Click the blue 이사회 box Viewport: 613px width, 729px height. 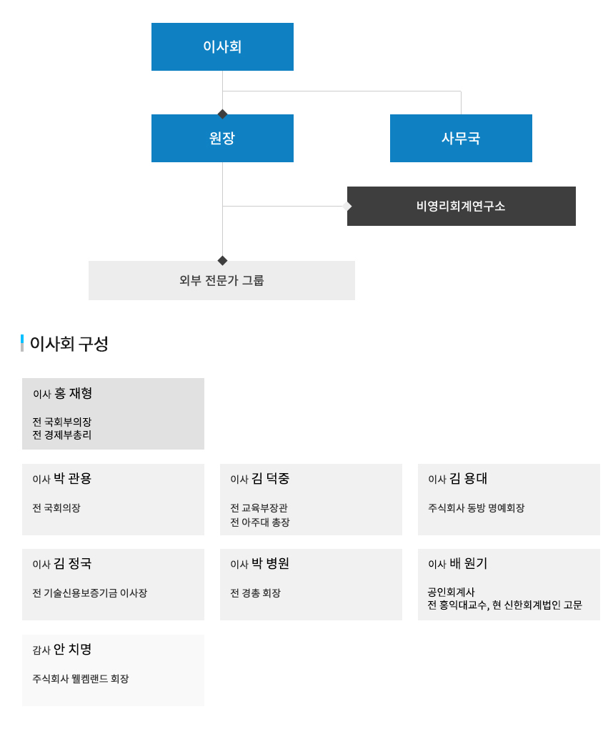(x=222, y=46)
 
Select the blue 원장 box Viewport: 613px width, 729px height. (x=222, y=138)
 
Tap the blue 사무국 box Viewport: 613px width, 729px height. (x=461, y=138)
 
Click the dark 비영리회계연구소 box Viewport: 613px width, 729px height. (x=461, y=206)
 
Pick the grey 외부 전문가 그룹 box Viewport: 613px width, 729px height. (x=221, y=280)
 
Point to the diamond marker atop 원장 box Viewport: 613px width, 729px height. (x=223, y=114)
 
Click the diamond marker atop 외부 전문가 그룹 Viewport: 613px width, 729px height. (x=223, y=260)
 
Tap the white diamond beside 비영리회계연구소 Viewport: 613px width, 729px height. (x=347, y=206)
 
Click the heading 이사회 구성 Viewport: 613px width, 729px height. (x=69, y=344)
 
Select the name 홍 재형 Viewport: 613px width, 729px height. (x=73, y=393)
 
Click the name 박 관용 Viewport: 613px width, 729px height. (x=72, y=478)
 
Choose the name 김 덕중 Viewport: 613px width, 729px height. (x=271, y=478)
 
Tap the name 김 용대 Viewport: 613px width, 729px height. (x=469, y=478)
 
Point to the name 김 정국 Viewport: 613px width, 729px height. (x=72, y=563)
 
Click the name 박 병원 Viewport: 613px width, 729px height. (x=271, y=563)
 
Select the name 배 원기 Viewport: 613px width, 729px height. (x=469, y=563)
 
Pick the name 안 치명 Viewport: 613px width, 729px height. (x=72, y=649)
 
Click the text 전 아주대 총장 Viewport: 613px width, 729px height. (x=260, y=522)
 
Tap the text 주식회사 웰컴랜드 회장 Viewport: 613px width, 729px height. (x=81, y=679)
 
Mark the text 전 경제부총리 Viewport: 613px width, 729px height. (x=62, y=435)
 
